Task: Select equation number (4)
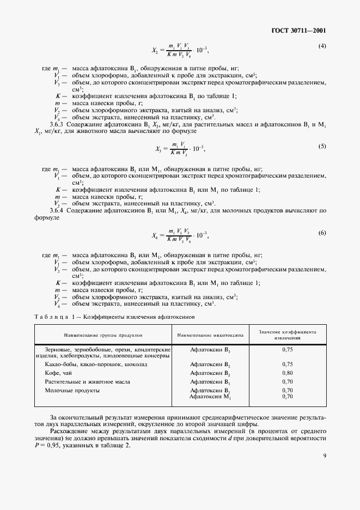[x=322, y=46]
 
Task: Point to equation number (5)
[x=322, y=146]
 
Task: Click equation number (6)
[x=322, y=233]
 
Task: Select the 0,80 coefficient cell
[x=288, y=373]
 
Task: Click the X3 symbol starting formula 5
[x=159, y=148]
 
